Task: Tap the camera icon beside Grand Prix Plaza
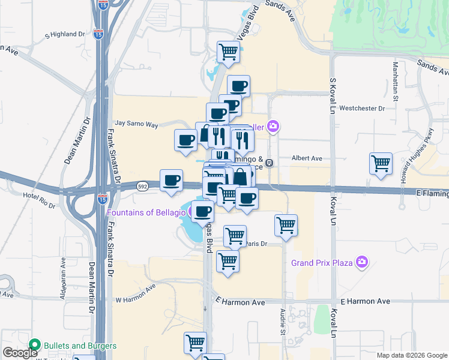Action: coord(362,262)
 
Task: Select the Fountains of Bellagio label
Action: coord(145,212)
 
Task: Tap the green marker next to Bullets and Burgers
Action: coord(34,346)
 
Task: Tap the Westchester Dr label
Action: coord(361,109)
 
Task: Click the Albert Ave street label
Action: coord(307,158)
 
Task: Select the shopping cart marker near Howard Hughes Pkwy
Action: coord(381,163)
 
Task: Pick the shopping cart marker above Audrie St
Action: coord(286,226)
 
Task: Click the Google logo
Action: coord(20,353)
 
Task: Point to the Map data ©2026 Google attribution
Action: coord(411,355)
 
